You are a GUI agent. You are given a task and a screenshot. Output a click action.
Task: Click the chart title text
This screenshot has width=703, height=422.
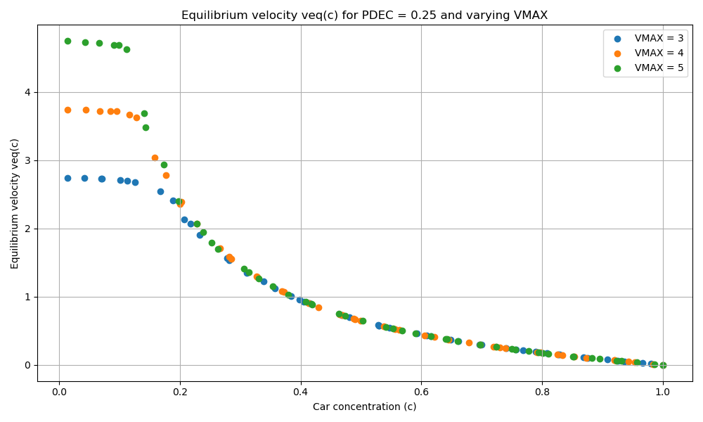tap(364, 15)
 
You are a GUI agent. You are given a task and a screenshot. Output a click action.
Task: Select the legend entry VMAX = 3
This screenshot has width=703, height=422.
tap(659, 39)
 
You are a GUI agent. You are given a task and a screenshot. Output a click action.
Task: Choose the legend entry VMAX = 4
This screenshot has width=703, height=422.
tap(659, 53)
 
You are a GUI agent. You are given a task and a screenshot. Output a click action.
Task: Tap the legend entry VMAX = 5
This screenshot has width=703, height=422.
tap(659, 68)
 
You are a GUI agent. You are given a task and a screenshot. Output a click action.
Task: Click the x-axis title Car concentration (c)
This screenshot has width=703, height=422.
tap(364, 407)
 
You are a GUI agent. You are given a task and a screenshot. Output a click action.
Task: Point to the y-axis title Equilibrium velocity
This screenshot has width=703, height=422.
tap(15, 203)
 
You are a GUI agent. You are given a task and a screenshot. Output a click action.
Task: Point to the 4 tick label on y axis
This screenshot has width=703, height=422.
tap(27, 92)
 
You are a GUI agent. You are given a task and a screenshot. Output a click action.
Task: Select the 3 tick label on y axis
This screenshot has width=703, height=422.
tap(27, 160)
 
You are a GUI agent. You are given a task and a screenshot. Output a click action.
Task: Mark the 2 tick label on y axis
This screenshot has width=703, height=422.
tap(27, 229)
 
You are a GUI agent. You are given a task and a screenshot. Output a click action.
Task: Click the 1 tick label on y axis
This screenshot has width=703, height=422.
tap(27, 297)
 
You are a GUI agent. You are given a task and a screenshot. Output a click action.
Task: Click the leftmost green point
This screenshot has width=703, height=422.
tap(67, 41)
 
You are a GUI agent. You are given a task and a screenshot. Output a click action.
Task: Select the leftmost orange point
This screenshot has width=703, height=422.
tap(67, 110)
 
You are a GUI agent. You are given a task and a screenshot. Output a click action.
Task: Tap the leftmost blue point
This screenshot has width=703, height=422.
tap(67, 178)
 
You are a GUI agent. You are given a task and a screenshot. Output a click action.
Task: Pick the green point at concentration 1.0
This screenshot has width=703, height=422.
tap(663, 365)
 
